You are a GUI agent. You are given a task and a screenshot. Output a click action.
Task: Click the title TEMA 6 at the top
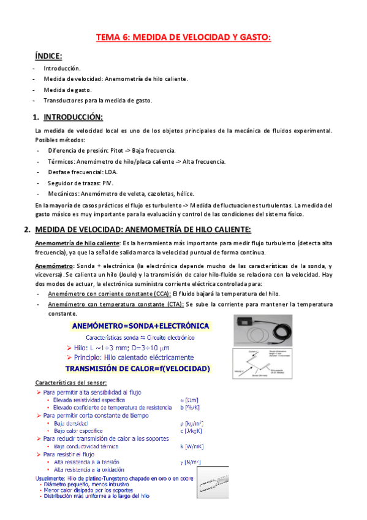pyautogui.click(x=183, y=38)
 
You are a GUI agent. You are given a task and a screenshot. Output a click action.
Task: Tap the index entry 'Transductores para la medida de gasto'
pyautogui.click(x=97, y=101)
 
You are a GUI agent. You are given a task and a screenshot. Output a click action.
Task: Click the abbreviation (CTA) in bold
pyautogui.click(x=170, y=305)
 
